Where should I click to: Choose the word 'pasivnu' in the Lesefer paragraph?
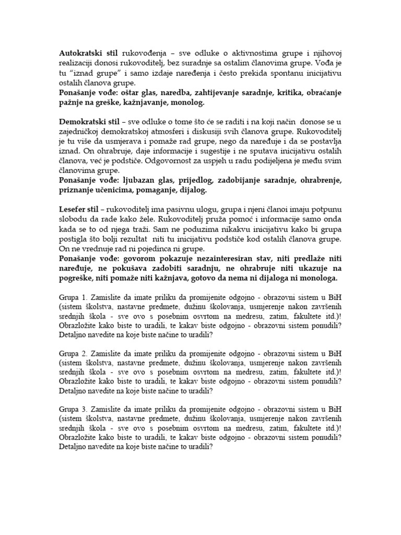(x=184, y=209)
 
